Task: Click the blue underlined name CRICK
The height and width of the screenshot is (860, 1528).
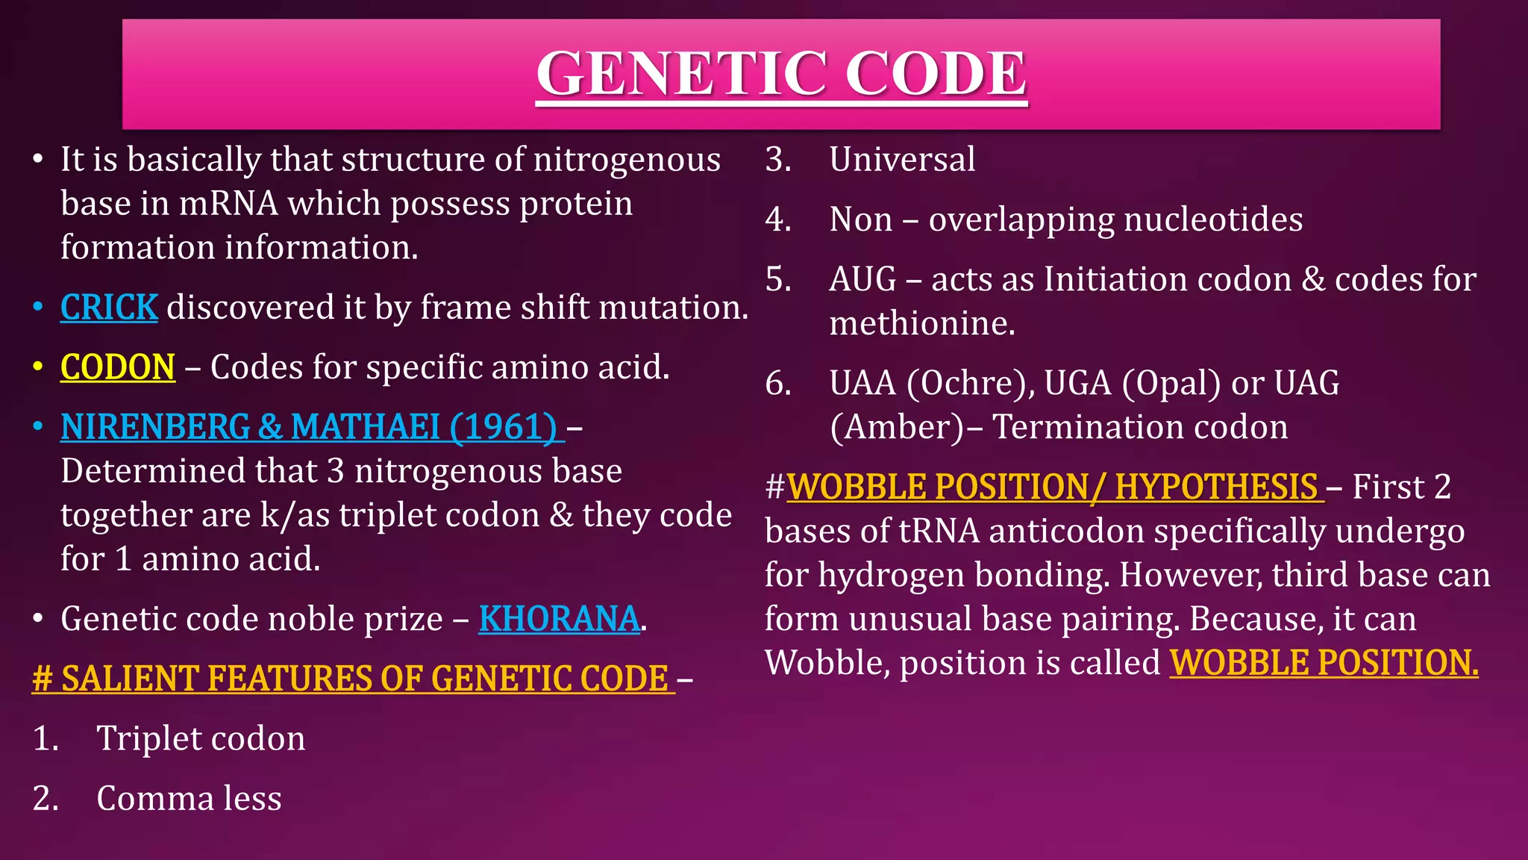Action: pyautogui.click(x=109, y=308)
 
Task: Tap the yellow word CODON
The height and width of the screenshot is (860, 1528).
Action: pyautogui.click(x=118, y=367)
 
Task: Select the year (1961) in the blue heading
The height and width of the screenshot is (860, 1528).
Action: pyautogui.click(x=503, y=427)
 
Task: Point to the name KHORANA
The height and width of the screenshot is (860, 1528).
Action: pyautogui.click(x=559, y=619)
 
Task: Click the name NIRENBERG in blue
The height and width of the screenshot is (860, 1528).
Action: pyautogui.click(x=155, y=427)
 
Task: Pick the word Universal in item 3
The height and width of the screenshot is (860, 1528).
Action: pyautogui.click(x=902, y=160)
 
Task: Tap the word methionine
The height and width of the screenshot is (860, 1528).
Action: pyautogui.click(x=922, y=324)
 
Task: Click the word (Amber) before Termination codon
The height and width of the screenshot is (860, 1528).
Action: pyautogui.click(x=898, y=428)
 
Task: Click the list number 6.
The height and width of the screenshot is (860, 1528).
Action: pyautogui.click(x=777, y=384)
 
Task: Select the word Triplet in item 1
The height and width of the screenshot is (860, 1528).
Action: pyautogui.click(x=140, y=739)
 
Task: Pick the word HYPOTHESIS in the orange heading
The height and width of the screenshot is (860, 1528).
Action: pyautogui.click(x=1216, y=487)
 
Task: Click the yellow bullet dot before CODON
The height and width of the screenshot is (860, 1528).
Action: pyautogui.click(x=38, y=367)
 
